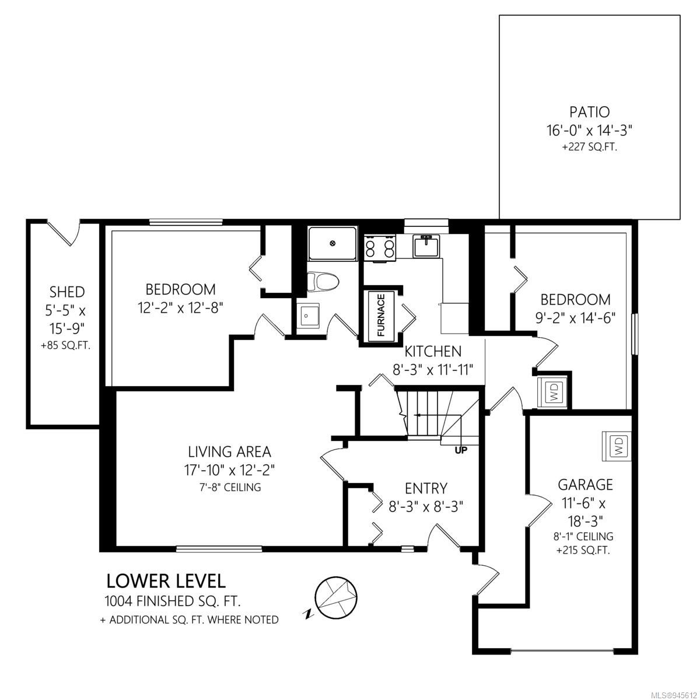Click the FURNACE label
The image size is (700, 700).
(x=381, y=315)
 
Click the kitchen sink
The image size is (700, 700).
(x=426, y=246)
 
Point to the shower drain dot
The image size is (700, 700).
(x=332, y=243)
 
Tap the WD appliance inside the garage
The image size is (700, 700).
(x=617, y=446)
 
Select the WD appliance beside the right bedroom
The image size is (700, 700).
(x=552, y=393)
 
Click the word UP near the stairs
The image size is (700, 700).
(x=461, y=450)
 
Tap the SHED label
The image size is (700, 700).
(x=67, y=292)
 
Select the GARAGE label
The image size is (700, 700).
(x=585, y=485)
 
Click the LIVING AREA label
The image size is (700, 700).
(x=230, y=452)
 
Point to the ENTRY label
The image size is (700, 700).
(x=426, y=489)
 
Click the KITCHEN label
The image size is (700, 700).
(x=433, y=351)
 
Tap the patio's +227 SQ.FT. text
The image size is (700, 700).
(x=589, y=148)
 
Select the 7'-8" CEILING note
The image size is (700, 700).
(x=230, y=487)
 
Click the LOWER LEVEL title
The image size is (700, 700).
(x=166, y=581)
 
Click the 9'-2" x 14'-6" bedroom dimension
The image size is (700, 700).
(x=575, y=318)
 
